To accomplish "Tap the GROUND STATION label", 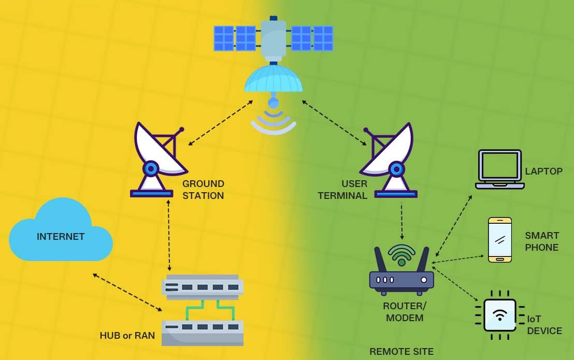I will [x=203, y=190].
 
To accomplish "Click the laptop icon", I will [x=499, y=169].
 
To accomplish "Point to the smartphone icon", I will [x=500, y=239].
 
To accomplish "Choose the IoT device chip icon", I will [x=499, y=314].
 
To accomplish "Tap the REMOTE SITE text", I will [x=401, y=352].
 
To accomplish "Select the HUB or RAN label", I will [x=127, y=335].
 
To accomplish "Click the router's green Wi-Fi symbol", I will [x=402, y=254].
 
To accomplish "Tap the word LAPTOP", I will [x=543, y=171].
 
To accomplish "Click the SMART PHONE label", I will [x=541, y=241].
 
